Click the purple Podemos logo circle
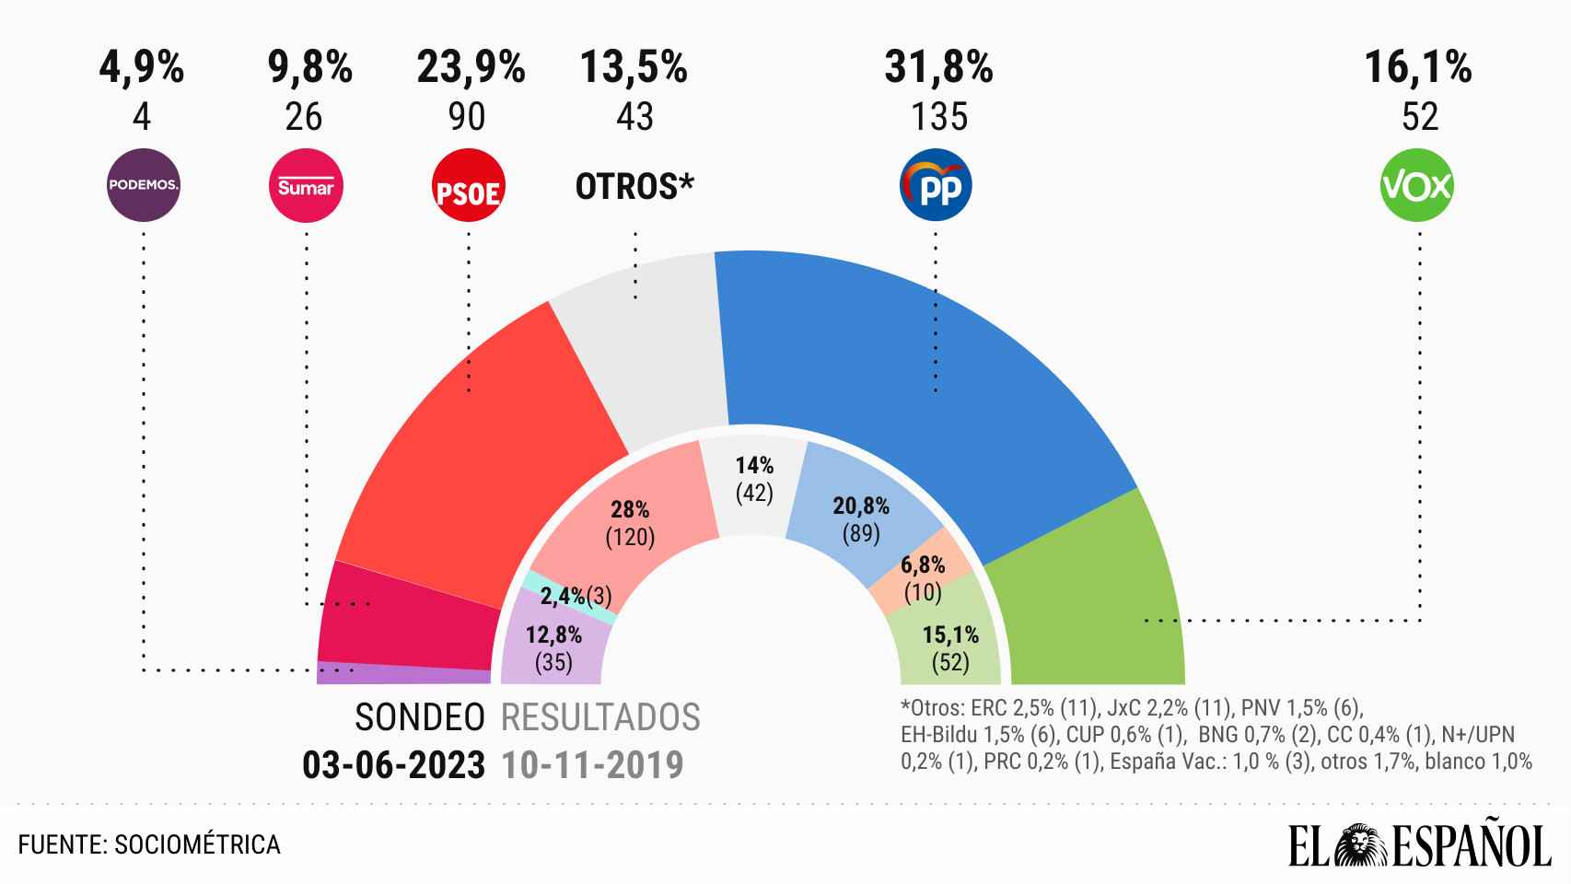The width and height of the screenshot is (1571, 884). (x=143, y=186)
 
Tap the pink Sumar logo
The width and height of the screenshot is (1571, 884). (x=305, y=186)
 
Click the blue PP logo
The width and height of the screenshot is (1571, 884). (x=935, y=186)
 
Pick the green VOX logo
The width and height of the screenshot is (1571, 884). (x=1417, y=186)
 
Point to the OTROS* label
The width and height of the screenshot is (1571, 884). (x=634, y=187)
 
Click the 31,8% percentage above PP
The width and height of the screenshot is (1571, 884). (x=938, y=68)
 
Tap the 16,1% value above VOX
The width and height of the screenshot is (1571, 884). (x=1417, y=68)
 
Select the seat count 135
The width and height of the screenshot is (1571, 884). (x=938, y=117)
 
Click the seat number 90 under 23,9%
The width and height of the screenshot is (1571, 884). (x=468, y=117)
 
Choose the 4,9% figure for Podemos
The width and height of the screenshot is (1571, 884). (x=142, y=68)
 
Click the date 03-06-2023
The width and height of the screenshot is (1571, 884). (x=393, y=765)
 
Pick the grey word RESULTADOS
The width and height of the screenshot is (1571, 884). (x=600, y=717)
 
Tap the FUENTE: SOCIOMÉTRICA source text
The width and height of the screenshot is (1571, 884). (x=149, y=844)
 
